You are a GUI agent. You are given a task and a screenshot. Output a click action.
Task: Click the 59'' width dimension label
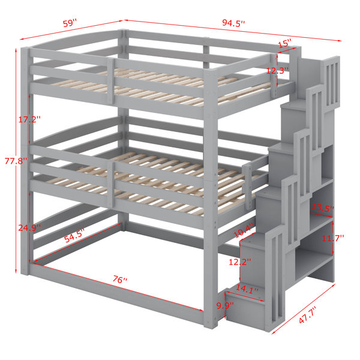click(x=70, y=23)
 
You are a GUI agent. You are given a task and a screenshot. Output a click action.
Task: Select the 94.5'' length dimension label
click(x=233, y=23)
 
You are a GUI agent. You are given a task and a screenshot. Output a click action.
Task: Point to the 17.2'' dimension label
click(x=29, y=119)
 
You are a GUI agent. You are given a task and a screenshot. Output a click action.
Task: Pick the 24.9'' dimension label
click(x=29, y=228)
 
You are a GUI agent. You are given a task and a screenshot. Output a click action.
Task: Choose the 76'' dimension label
click(x=120, y=279)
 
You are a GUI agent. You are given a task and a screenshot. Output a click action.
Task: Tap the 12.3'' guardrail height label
click(x=277, y=70)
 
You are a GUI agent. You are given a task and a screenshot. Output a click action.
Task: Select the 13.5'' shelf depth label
click(x=322, y=208)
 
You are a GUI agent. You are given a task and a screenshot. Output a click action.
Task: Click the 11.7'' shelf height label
click(x=332, y=238)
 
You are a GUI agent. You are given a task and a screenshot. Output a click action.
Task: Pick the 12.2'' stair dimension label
click(x=239, y=262)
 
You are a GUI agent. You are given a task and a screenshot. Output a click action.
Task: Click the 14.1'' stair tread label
click(x=247, y=289)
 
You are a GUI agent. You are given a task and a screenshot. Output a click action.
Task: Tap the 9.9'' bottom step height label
click(x=225, y=305)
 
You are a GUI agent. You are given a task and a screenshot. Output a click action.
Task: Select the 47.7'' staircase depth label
click(x=308, y=315)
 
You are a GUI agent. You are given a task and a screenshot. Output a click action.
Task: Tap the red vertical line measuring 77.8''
click(x=16, y=161)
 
